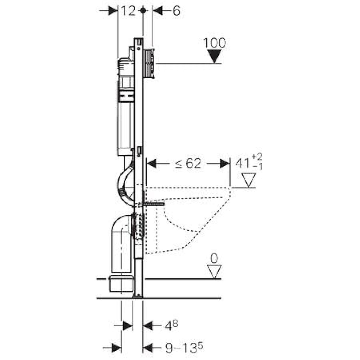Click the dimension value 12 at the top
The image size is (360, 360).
pos(128,11)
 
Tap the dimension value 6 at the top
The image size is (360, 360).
pos(176,11)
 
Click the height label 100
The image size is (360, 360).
pos(214,43)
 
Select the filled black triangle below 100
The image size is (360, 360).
pos(214,56)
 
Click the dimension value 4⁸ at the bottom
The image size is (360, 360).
pos(169,325)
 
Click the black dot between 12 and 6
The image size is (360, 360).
pos(143,11)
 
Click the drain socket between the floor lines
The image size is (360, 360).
pos(121,283)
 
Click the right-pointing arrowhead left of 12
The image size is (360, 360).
pos(112,11)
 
